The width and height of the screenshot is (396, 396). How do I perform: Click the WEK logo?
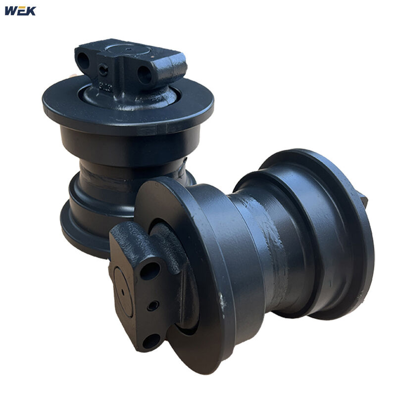click(x=20, y=10)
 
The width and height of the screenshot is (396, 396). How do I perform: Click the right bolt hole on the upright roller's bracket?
click(x=145, y=75)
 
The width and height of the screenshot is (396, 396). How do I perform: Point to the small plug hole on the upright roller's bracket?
click(x=103, y=71)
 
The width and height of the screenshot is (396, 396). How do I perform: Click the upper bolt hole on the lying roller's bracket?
click(x=150, y=271)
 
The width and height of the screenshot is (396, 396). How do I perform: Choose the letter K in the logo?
click(x=30, y=10)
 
